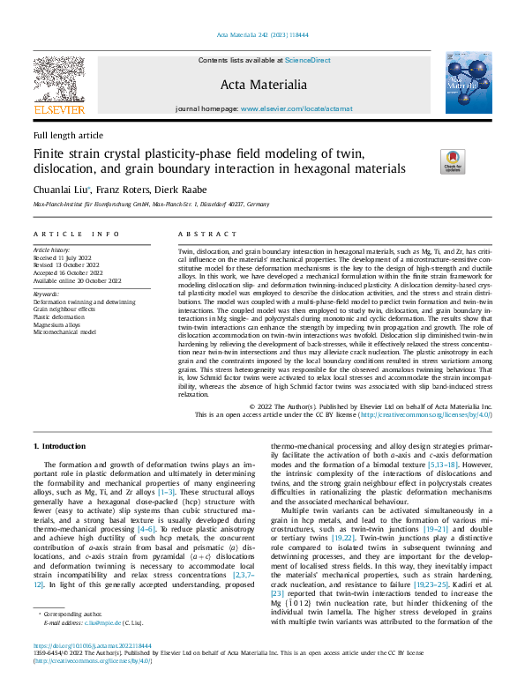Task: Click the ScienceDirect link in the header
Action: click(308, 60)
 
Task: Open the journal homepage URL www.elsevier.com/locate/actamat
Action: click(297, 108)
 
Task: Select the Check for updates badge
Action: click(452, 160)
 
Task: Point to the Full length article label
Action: click(68, 135)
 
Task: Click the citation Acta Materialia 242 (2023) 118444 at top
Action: click(262, 35)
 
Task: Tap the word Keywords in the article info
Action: click(46, 294)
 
